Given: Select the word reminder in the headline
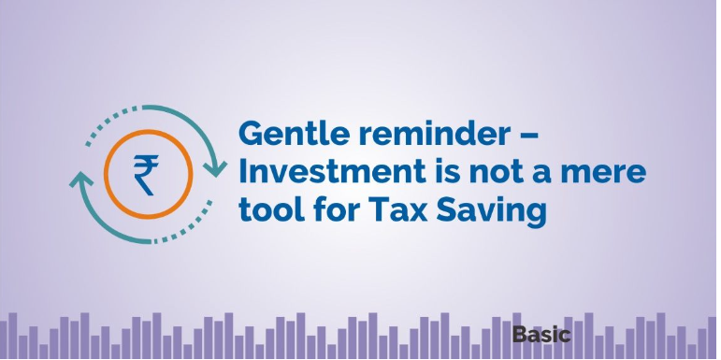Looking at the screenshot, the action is tap(434, 134).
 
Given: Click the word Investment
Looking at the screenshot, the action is tap(333, 172).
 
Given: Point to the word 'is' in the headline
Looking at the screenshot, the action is tap(447, 172).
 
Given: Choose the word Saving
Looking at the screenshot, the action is tap(491, 211).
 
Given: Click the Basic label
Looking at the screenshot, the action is tap(541, 334).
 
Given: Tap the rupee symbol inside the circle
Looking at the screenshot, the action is tap(147, 175).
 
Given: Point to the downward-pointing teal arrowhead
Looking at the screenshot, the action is tap(215, 168).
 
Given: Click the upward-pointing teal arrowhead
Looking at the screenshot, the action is tap(81, 179).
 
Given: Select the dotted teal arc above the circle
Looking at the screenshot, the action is tap(111, 122).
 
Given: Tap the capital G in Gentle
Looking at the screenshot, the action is tap(251, 134).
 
